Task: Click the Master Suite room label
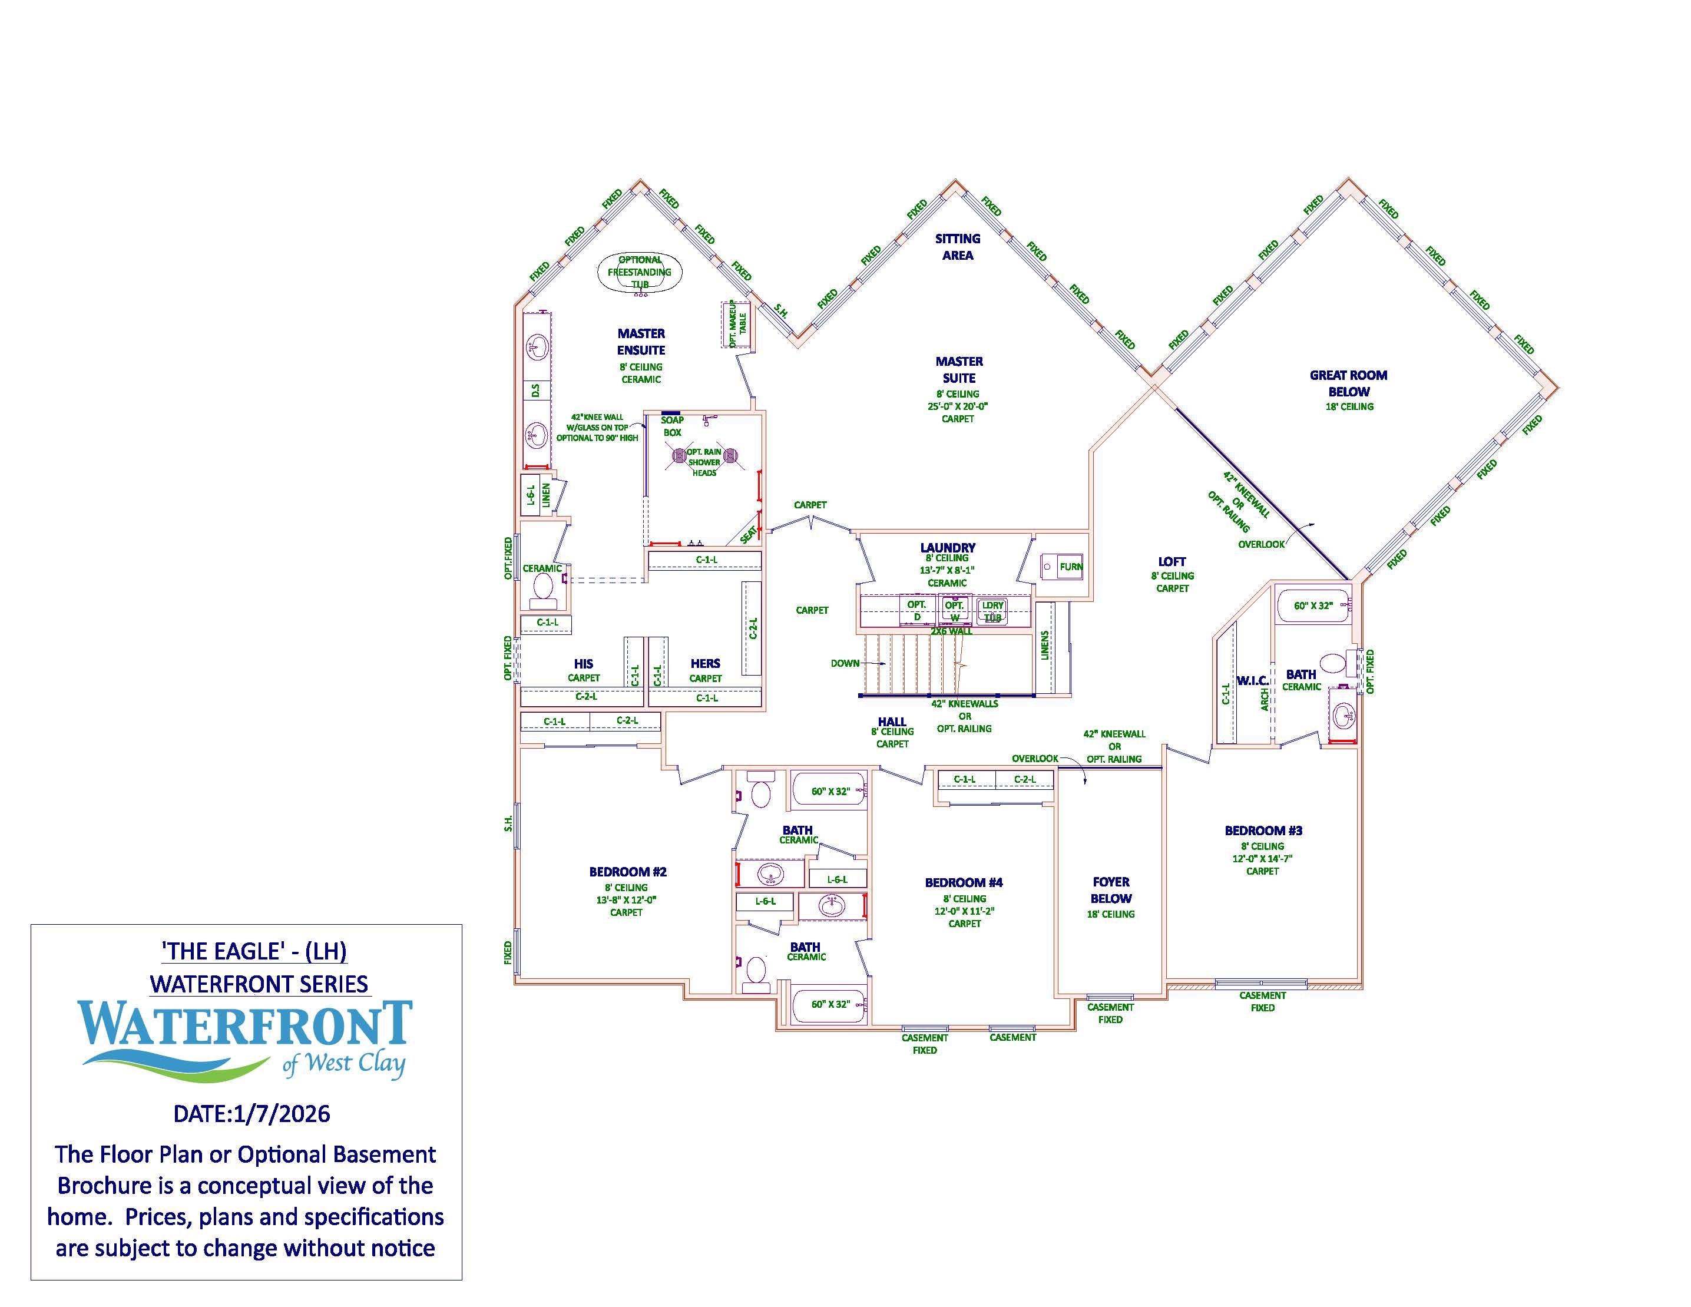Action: [x=958, y=370]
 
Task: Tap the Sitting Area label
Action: [x=958, y=247]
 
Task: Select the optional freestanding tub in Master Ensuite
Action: [x=640, y=272]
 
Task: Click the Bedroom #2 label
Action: [x=627, y=872]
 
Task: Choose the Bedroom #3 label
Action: [x=1263, y=831]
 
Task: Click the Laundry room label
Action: [x=947, y=547]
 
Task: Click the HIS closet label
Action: [x=583, y=664]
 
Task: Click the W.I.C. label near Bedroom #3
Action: [x=1251, y=681]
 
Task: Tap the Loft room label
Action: [x=1172, y=562]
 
